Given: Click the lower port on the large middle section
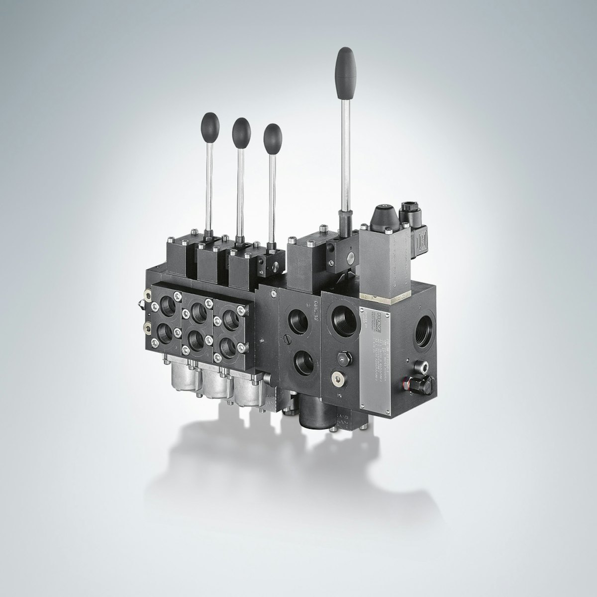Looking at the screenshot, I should click(303, 361).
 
